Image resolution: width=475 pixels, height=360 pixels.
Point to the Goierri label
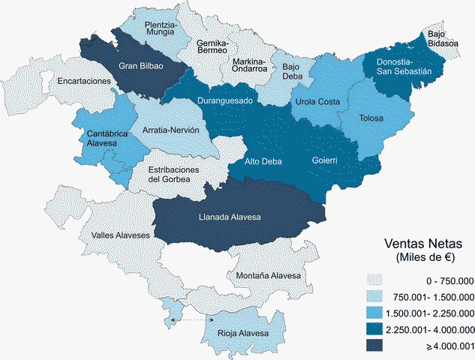324,160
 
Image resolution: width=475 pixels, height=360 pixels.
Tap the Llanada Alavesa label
229,217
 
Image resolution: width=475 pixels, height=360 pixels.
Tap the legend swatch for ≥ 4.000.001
377,345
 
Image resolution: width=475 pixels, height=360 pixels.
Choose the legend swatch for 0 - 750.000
377,280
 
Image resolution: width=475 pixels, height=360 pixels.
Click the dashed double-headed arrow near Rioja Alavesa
190,320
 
